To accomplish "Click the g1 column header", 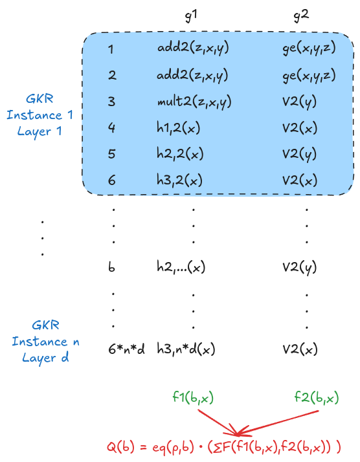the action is click(191, 16).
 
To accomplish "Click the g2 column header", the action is click(301, 16).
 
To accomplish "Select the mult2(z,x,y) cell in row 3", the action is click(194, 102).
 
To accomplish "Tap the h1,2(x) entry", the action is click(178, 128).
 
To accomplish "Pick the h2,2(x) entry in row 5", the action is click(180, 154).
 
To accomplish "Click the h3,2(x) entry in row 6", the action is click(179, 180).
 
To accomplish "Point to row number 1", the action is click(111, 49).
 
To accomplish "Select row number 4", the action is click(111, 128).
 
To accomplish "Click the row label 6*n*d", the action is click(126, 349).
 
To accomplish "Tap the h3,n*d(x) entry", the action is click(186, 349).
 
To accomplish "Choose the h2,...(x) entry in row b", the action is click(181, 267).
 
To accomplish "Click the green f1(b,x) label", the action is click(193, 398).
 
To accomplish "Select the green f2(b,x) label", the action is click(317, 398).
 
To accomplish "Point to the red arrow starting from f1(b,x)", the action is click(218, 423).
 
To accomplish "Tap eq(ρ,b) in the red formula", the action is click(174, 447).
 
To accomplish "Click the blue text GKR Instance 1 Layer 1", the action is click(39, 115).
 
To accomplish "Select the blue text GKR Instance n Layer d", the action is click(46, 342).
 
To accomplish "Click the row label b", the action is click(111, 267).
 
